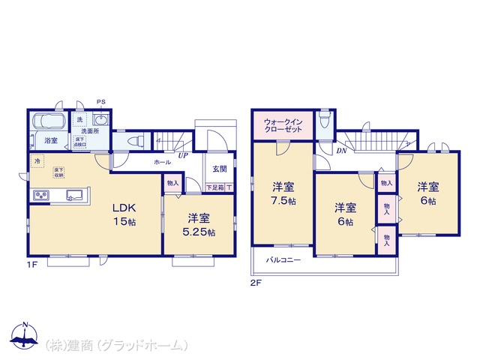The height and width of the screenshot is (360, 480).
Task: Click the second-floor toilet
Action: point(324,121)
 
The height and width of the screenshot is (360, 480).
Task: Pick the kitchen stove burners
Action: point(40,196)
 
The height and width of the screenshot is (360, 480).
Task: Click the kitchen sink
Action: point(75,196)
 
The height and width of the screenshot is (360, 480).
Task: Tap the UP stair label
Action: point(183,156)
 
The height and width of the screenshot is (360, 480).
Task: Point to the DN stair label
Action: point(341,151)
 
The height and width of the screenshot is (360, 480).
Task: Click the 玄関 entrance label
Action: point(219,169)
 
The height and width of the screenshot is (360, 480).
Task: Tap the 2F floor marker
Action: point(255,283)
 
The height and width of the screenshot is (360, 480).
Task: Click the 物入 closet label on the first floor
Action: point(172,183)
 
